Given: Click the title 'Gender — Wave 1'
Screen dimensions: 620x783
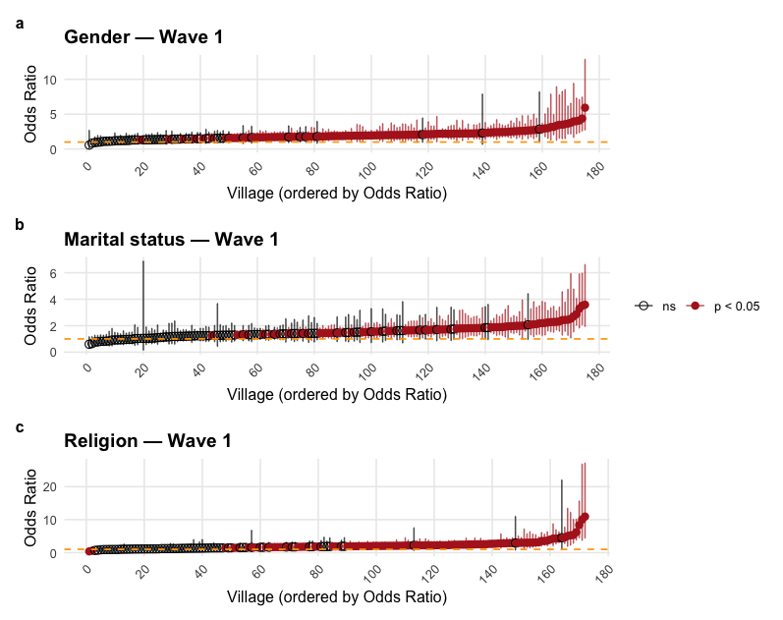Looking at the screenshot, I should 143,37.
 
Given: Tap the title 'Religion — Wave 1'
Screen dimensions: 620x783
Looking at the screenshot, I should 147,441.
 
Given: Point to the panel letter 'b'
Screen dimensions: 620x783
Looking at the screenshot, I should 21,224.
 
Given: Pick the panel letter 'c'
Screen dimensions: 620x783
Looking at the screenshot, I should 21,427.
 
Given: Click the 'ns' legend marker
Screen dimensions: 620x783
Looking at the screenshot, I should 644,307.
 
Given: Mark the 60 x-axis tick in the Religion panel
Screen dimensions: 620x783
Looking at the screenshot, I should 256,576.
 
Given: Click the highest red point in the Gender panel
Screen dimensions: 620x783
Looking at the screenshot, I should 585,107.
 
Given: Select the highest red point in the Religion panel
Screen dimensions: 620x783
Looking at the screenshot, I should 585,517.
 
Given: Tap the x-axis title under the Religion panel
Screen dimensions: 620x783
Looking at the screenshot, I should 336,596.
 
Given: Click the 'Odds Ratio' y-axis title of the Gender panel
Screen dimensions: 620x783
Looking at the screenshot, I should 31,103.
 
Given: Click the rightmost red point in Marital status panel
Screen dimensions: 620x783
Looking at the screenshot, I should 585,305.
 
